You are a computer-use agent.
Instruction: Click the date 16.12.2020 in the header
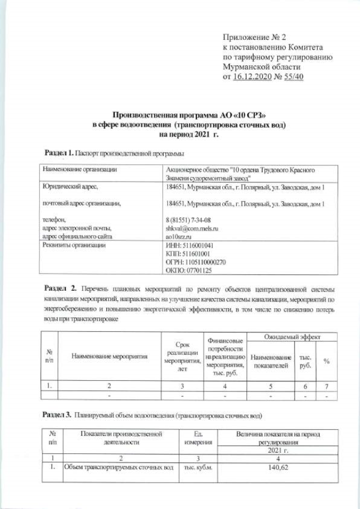tap(253, 77)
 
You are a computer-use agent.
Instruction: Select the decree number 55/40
tap(291, 77)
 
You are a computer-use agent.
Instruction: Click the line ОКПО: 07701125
tap(188, 271)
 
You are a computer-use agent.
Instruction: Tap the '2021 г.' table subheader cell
tap(280, 451)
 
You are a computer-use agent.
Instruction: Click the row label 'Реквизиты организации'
tap(72, 246)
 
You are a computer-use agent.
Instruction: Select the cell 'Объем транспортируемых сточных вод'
tap(118, 467)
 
